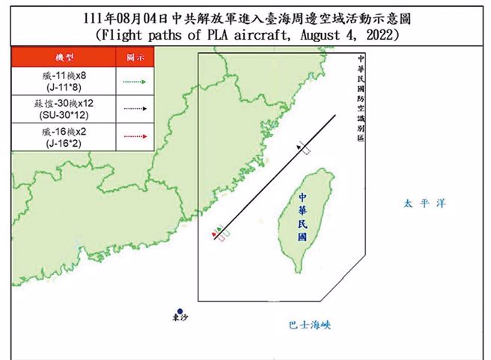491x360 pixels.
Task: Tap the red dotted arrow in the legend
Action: point(134,136)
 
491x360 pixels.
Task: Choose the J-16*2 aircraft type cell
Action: point(62,136)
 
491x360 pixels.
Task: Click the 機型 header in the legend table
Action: point(62,57)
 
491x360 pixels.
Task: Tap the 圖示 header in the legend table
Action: point(134,57)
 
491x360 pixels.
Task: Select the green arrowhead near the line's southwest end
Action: point(219,229)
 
